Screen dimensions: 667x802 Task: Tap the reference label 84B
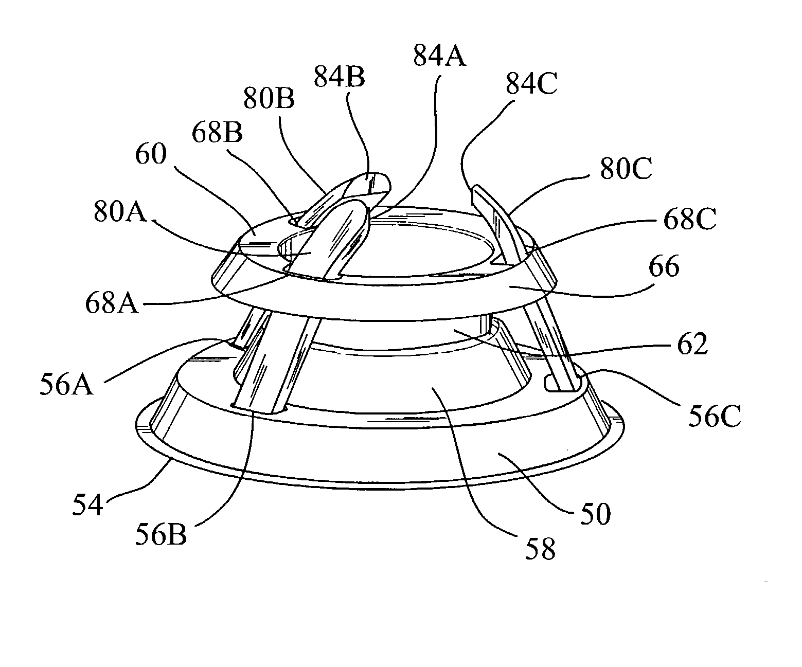[x=339, y=77]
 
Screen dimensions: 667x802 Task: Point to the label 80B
[x=269, y=99]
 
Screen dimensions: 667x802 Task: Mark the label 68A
[x=112, y=303]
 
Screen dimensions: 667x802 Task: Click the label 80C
[x=625, y=168]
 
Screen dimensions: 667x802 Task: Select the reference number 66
[x=665, y=267]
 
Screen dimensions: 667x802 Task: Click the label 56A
[x=67, y=385]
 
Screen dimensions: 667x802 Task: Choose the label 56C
[x=715, y=417]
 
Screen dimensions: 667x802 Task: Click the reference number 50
[x=596, y=513]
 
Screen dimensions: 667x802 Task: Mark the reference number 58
[x=541, y=549]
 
